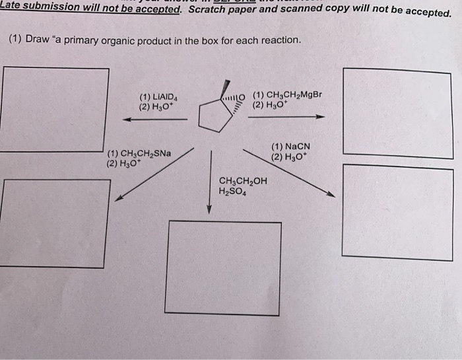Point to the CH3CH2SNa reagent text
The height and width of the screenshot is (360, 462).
coord(143,153)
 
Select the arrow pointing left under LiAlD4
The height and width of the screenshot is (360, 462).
coord(156,120)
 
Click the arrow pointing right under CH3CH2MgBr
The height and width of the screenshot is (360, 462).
coord(286,117)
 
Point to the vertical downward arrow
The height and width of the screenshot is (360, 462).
coord(210,182)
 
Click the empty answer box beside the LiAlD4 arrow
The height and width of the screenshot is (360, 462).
coord(54,109)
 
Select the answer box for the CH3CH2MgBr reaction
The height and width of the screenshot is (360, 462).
coord(398,112)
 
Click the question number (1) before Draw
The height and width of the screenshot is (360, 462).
coord(16,39)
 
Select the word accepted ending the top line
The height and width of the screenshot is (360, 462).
coord(421,13)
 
